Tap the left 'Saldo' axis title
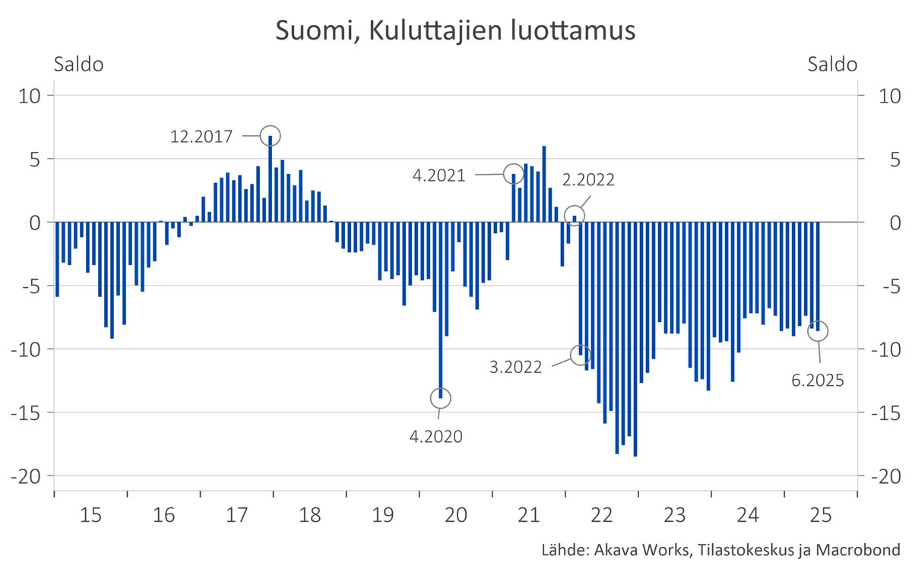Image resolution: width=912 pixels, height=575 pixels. pyautogui.click(x=78, y=65)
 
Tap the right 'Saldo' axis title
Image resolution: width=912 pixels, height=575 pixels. pyautogui.click(x=833, y=65)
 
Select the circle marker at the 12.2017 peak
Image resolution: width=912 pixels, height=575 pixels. pyautogui.click(x=271, y=136)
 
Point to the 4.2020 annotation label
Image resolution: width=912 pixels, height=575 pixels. pyautogui.click(x=435, y=436)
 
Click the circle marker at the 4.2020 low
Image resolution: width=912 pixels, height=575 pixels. pyautogui.click(x=440, y=397)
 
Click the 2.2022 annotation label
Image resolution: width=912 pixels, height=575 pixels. pyautogui.click(x=588, y=180)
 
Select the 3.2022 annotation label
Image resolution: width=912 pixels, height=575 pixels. pyautogui.click(x=516, y=367)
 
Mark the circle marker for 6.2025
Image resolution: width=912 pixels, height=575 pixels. pyautogui.click(x=818, y=330)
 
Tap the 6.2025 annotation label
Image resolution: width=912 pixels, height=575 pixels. pyautogui.click(x=818, y=381)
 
